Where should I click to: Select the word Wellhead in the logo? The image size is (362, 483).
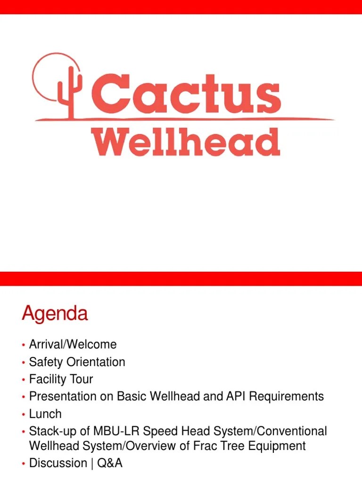click(186, 141)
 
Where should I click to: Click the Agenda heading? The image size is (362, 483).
click(55, 314)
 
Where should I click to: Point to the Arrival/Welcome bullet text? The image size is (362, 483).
click(73, 344)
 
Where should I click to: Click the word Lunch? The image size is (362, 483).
click(45, 414)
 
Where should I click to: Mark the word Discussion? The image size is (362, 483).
click(58, 463)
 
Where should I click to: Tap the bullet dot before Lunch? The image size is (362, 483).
click(23, 414)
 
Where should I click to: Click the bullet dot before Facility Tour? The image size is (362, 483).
click(23, 380)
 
